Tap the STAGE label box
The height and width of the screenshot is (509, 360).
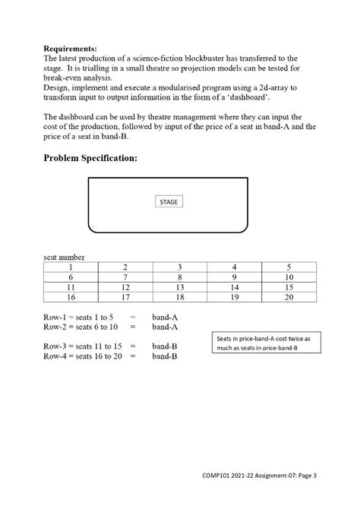click(170, 202)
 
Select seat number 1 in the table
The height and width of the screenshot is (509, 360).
click(71, 267)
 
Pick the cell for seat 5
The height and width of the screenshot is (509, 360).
click(289, 267)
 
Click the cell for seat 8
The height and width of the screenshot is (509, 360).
click(180, 277)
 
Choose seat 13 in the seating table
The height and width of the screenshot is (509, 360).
click(180, 288)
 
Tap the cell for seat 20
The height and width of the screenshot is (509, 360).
click(289, 299)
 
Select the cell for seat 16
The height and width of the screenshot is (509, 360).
click(71, 299)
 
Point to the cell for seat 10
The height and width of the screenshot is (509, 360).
click(289, 277)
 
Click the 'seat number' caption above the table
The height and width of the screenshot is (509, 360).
click(64, 257)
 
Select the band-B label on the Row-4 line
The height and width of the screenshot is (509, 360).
click(165, 356)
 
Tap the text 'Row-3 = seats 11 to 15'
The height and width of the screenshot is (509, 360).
click(83, 346)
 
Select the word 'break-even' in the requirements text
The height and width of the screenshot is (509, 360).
click(63, 77)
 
